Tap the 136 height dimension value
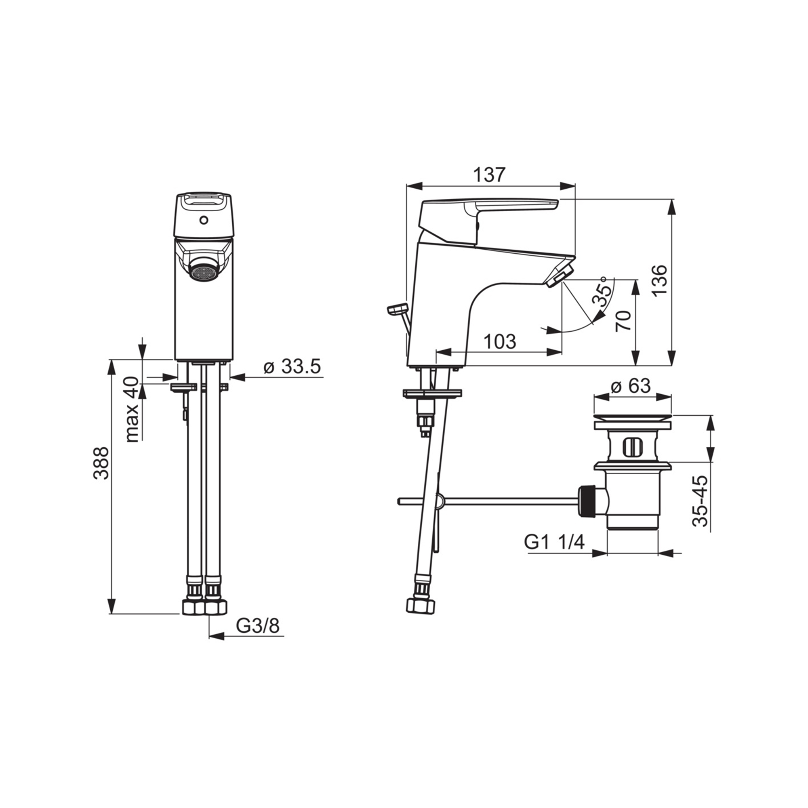(x=661, y=280)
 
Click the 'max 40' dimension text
(x=133, y=409)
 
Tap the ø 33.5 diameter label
(x=292, y=367)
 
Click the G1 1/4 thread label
(x=555, y=543)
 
